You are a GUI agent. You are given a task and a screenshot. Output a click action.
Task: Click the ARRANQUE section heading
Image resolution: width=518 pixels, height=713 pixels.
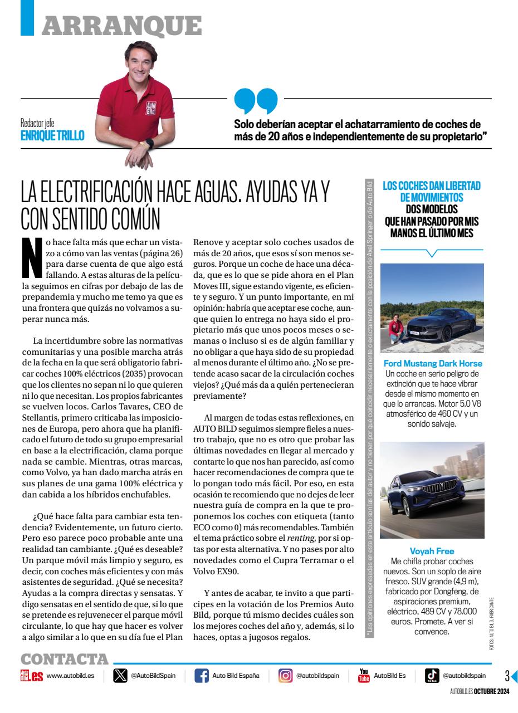pyautogui.click(x=121, y=25)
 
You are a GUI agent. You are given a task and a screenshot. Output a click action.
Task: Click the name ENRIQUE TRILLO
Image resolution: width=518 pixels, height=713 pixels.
pyautogui.click(x=52, y=135)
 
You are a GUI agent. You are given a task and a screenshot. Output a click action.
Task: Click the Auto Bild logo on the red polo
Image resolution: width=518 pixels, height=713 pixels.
pyautogui.click(x=151, y=109)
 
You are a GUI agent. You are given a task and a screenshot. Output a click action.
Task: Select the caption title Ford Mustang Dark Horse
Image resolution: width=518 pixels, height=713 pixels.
pyautogui.click(x=433, y=364)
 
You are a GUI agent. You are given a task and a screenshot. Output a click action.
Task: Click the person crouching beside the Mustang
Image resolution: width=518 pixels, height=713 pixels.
pyautogui.click(x=397, y=329)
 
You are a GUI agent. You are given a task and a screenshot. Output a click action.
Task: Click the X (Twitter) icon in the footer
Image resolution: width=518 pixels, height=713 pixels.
pyautogui.click(x=120, y=676)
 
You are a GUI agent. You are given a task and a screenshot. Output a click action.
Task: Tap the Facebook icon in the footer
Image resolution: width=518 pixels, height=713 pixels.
pyautogui.click(x=202, y=676)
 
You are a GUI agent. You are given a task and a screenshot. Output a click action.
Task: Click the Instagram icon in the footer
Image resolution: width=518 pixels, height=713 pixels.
pyautogui.click(x=285, y=676)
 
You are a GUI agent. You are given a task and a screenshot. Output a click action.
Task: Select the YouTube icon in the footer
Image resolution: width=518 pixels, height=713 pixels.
pyautogui.click(x=364, y=676)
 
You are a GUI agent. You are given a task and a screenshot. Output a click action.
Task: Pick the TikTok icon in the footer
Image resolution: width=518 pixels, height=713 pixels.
pyautogui.click(x=432, y=676)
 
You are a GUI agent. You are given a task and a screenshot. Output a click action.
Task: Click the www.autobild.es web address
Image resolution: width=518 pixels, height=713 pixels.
pyautogui.click(x=70, y=676)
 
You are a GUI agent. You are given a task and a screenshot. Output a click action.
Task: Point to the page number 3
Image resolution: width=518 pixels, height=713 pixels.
pyautogui.click(x=507, y=676)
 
